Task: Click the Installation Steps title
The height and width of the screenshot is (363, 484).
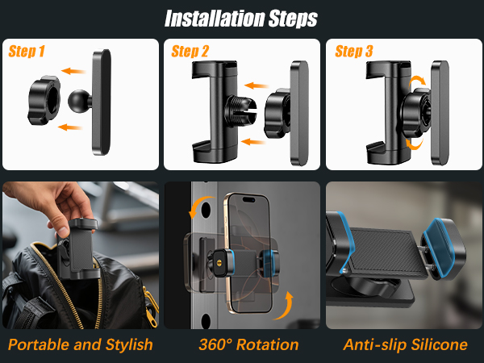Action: (241, 17)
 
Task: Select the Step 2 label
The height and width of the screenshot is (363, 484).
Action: (191, 52)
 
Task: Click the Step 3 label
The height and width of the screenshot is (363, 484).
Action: (353, 52)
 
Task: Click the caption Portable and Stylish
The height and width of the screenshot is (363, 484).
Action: (80, 344)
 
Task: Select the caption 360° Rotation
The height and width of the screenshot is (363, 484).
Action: (248, 344)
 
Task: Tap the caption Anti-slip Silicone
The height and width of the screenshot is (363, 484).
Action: (404, 344)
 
